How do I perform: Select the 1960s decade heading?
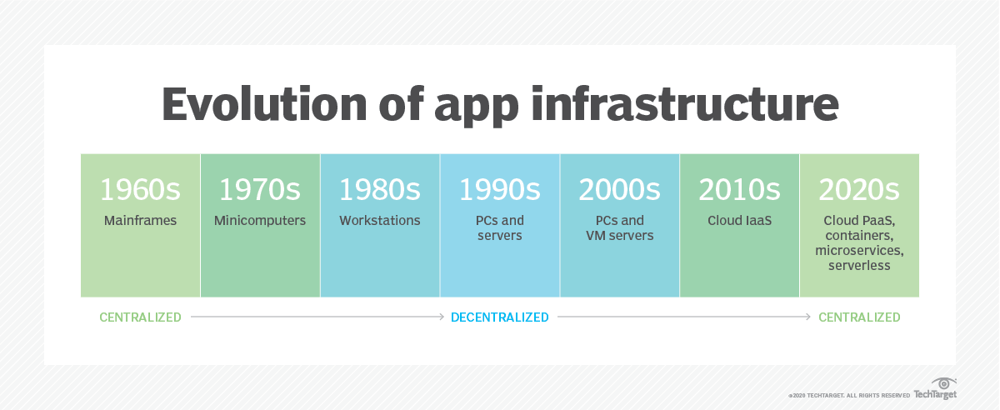pyautogui.click(x=140, y=190)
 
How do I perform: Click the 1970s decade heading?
pyautogui.click(x=260, y=190)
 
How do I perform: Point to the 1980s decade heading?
pyautogui.click(x=380, y=190)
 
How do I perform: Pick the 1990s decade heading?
pyautogui.click(x=500, y=190)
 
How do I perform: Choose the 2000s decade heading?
pyautogui.click(x=620, y=190)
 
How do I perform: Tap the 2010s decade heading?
pyautogui.click(x=739, y=190)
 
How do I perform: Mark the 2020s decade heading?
pyautogui.click(x=859, y=190)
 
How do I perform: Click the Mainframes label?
pyautogui.click(x=140, y=221)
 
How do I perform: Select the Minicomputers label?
pyautogui.click(x=260, y=221)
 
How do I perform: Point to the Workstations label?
pyautogui.click(x=380, y=221)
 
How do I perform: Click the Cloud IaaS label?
pyautogui.click(x=739, y=221)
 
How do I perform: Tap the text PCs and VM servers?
pyautogui.click(x=620, y=228)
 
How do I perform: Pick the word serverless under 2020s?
pyautogui.click(x=859, y=266)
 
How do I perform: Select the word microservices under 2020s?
pyautogui.click(x=859, y=251)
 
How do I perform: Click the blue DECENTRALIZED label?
pyautogui.click(x=500, y=317)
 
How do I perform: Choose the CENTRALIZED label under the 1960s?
pyautogui.click(x=140, y=317)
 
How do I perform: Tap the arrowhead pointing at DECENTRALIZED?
pyautogui.click(x=442, y=317)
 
